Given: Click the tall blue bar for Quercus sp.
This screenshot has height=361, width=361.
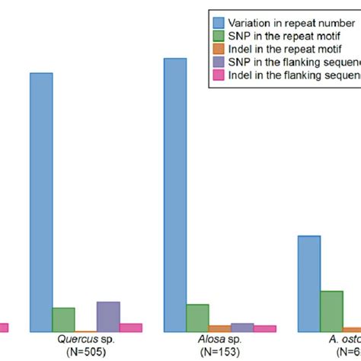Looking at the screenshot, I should pyautogui.click(x=41, y=202).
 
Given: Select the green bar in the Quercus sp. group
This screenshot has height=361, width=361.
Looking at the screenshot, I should pyautogui.click(x=63, y=320).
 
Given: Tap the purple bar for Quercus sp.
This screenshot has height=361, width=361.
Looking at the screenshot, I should pyautogui.click(x=108, y=317).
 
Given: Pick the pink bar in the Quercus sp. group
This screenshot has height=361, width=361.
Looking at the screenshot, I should pyautogui.click(x=130, y=327).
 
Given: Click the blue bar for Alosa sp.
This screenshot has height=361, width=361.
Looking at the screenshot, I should pyautogui.click(x=174, y=194).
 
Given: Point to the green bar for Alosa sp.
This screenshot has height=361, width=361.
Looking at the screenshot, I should pyautogui.click(x=197, y=318).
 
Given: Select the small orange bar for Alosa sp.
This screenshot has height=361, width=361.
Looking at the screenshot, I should pyautogui.click(x=219, y=329).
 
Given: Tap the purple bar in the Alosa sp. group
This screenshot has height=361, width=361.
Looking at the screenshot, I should pyautogui.click(x=241, y=327).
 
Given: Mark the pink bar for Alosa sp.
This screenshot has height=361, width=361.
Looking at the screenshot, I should pyautogui.click(x=264, y=328).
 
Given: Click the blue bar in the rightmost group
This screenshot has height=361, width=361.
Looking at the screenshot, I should pyautogui.click(x=308, y=283).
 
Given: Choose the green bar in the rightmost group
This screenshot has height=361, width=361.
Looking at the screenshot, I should pyautogui.click(x=331, y=311).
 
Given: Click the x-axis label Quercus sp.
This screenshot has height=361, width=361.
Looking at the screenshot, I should pyautogui.click(x=75, y=341).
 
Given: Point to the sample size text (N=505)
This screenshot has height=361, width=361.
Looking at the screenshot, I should pyautogui.click(x=75, y=352).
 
